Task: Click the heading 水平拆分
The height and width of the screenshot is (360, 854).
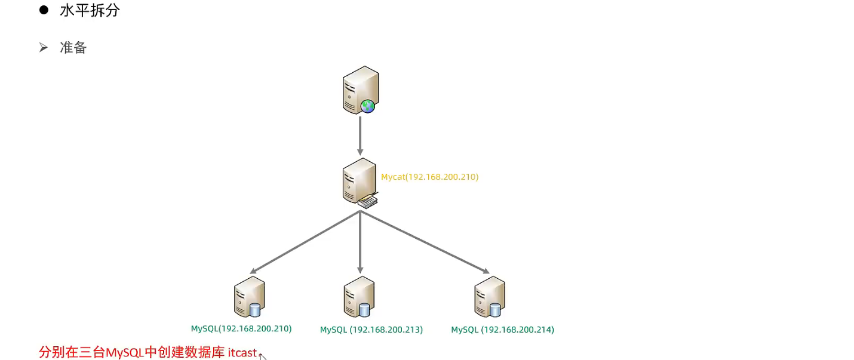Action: click(x=90, y=10)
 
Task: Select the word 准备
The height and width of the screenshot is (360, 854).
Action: click(x=73, y=48)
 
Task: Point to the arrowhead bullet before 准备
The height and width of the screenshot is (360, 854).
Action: click(x=43, y=48)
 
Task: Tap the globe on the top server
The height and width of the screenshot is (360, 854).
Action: click(x=368, y=106)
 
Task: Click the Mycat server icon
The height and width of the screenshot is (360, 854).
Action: click(x=360, y=181)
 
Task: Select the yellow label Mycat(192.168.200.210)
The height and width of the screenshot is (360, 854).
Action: click(x=429, y=177)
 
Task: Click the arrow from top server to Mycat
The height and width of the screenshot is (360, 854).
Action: click(x=360, y=136)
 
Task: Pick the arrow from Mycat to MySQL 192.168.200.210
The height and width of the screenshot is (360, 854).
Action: click(x=305, y=242)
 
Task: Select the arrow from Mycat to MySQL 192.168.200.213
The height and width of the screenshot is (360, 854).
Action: click(x=360, y=242)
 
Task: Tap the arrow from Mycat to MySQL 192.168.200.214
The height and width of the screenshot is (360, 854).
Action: click(x=424, y=242)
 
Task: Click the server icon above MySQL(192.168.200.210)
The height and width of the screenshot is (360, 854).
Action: click(x=249, y=296)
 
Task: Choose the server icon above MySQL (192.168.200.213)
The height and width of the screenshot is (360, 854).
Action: click(x=359, y=297)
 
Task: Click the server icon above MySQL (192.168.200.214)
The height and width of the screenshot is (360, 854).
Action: click(x=489, y=296)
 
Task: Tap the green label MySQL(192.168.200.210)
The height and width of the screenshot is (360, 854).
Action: click(x=241, y=328)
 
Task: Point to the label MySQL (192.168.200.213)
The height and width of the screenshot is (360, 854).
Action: click(x=371, y=330)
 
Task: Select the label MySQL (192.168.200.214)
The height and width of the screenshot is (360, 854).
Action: click(x=502, y=330)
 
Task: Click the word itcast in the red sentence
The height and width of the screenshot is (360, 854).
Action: click(x=242, y=352)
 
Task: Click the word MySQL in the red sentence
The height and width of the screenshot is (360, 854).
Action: click(x=125, y=352)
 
